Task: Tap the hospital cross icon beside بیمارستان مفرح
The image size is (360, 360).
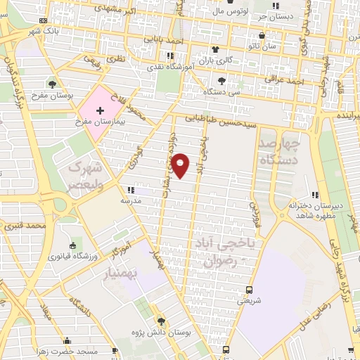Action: point(100,110)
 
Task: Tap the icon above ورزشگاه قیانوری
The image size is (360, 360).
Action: point(72,245)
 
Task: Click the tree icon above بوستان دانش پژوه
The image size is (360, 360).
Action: point(161,320)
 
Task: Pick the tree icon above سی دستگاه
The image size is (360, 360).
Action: point(222,80)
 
